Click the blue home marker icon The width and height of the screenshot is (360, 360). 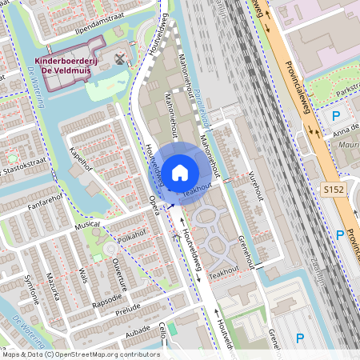tap(180, 171)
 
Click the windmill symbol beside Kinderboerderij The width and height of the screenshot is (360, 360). tap(120, 58)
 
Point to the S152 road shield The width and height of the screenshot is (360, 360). tap(334, 189)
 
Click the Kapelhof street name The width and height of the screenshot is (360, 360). tap(82, 158)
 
